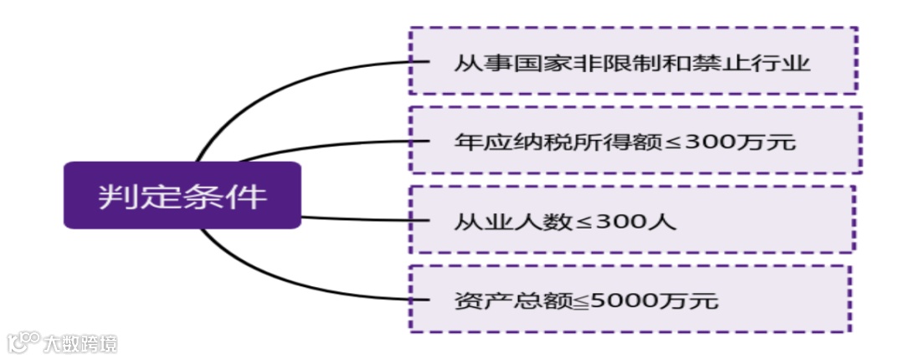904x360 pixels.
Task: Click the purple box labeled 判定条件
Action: click(x=182, y=195)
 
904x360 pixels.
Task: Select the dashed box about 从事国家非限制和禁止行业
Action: click(x=633, y=60)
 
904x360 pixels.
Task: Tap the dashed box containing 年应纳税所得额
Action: click(x=635, y=140)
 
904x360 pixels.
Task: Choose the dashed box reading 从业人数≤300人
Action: click(x=632, y=219)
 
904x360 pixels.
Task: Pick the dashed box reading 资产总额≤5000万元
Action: click(x=629, y=299)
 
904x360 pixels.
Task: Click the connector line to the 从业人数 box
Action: click(x=360, y=219)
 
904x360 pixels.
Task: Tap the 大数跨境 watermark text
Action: click(x=82, y=342)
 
